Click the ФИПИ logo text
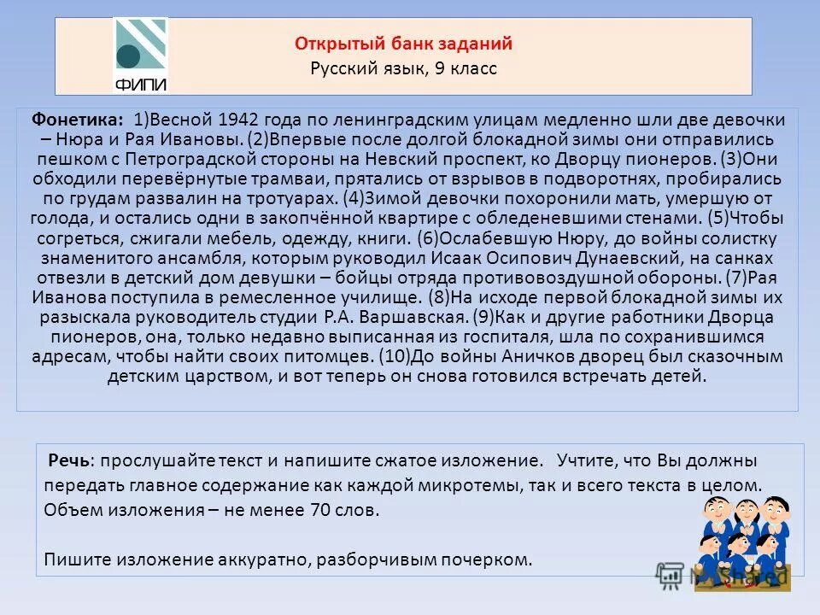click(140, 84)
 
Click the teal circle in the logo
click(128, 56)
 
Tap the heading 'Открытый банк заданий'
click(403, 44)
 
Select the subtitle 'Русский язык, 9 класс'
click(403, 68)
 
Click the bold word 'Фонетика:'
click(78, 120)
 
